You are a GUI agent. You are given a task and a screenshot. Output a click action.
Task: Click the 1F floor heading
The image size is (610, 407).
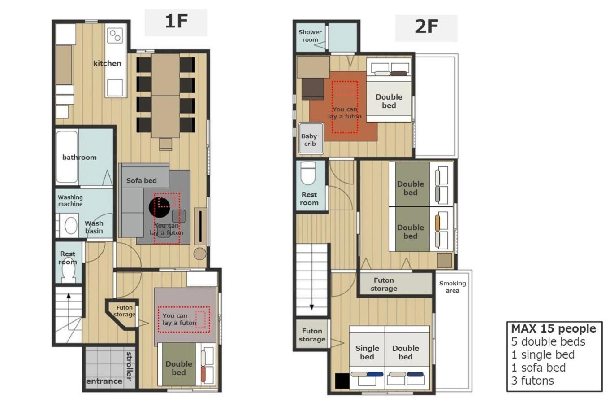(x=176, y=21)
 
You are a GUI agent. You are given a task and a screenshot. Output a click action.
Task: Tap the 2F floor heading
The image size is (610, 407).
(x=426, y=26)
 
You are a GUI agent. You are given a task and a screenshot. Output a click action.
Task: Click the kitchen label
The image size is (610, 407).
(x=107, y=64)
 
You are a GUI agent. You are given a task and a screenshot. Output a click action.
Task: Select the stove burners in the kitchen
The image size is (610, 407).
(x=115, y=35)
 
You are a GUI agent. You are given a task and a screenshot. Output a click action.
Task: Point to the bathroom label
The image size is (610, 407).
(x=79, y=158)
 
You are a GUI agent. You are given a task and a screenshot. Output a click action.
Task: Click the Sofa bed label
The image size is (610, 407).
(x=141, y=180)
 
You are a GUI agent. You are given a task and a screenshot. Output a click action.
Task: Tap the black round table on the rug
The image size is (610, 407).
(x=159, y=207)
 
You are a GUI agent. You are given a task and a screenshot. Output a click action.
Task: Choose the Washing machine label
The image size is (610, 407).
(x=70, y=201)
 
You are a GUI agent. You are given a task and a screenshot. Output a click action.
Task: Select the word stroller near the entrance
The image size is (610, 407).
(x=129, y=366)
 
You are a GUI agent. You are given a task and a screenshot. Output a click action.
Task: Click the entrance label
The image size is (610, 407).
(x=104, y=381)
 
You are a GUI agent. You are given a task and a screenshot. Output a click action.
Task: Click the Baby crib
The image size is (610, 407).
(x=311, y=139)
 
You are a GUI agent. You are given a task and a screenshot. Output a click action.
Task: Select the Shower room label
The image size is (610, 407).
(x=310, y=36)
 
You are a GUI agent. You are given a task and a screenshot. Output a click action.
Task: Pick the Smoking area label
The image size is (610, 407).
(x=452, y=287)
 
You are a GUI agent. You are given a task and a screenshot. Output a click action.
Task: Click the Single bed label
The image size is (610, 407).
(x=367, y=352)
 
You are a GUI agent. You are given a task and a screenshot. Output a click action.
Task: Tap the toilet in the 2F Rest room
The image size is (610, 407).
(x=308, y=173)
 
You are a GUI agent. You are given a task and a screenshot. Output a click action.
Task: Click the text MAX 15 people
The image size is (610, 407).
(x=554, y=329)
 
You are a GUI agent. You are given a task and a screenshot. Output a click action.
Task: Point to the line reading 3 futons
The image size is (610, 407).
(x=532, y=381)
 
